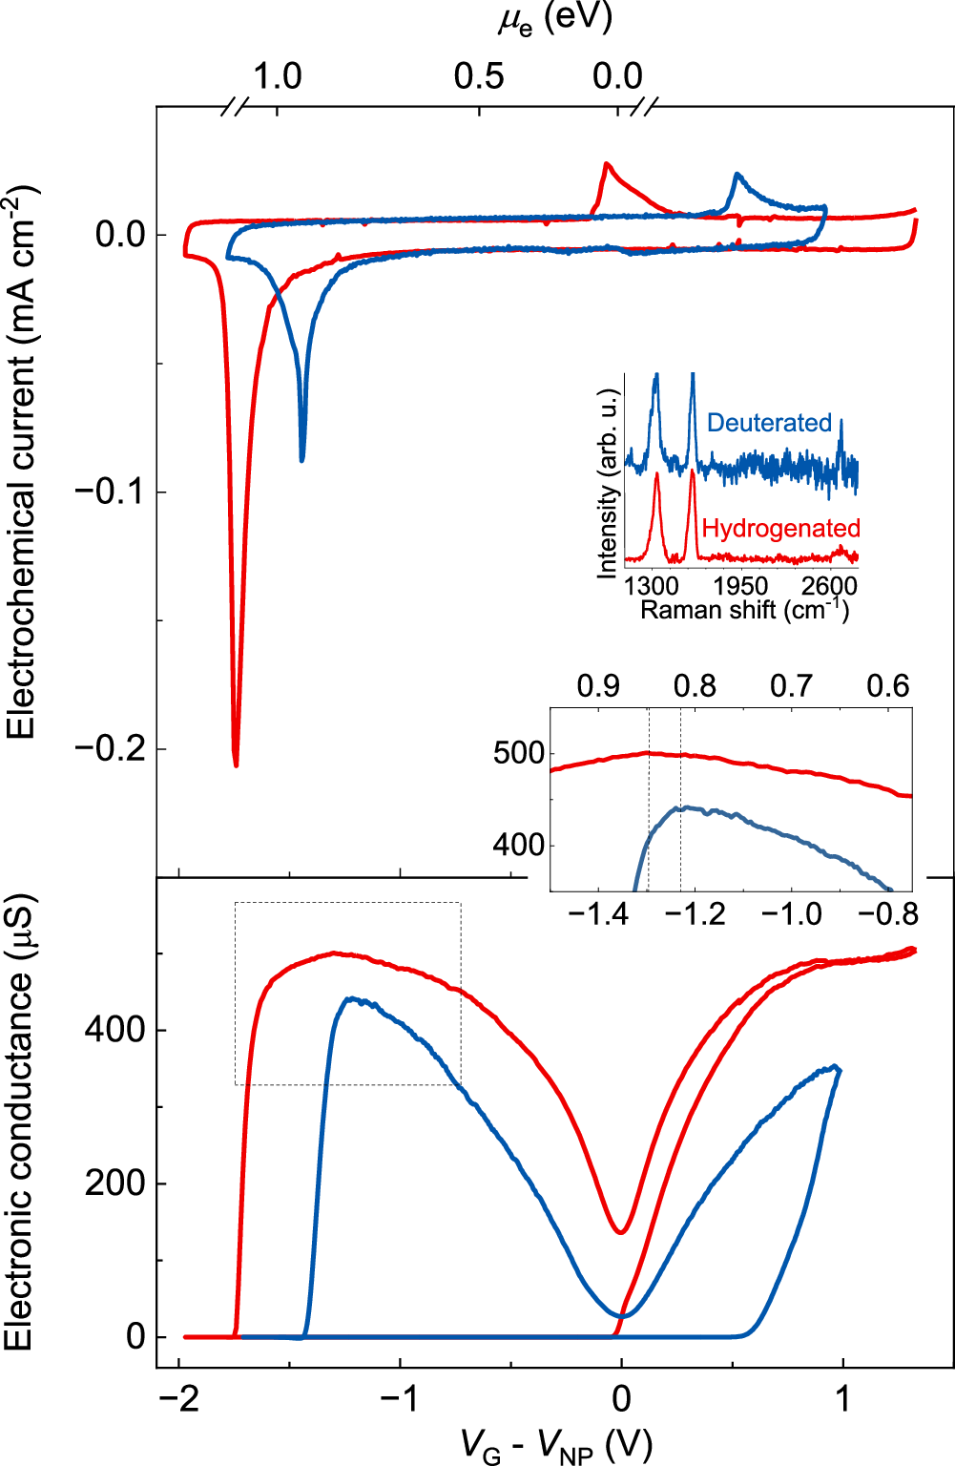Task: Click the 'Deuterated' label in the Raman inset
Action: click(769, 423)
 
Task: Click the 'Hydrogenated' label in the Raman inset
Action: click(780, 529)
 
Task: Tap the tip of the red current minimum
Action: click(236, 764)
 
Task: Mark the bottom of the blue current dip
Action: click(302, 460)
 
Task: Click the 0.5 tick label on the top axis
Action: click(479, 76)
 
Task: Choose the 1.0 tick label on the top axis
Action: click(277, 76)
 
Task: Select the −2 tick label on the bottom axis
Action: click(178, 1399)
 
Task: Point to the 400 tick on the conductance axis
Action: click(114, 1030)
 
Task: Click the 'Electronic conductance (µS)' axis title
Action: click(19, 1121)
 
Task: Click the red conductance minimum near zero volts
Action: click(621, 1231)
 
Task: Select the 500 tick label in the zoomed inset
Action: click(519, 753)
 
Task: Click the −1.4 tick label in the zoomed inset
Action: click(598, 914)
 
